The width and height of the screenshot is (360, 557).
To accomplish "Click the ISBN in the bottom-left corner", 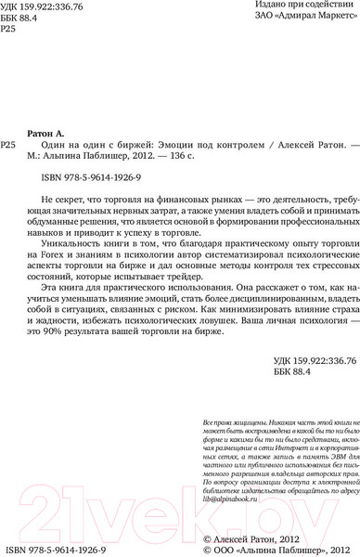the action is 55,549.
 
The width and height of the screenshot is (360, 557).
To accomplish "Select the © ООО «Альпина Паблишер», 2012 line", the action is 281,550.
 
